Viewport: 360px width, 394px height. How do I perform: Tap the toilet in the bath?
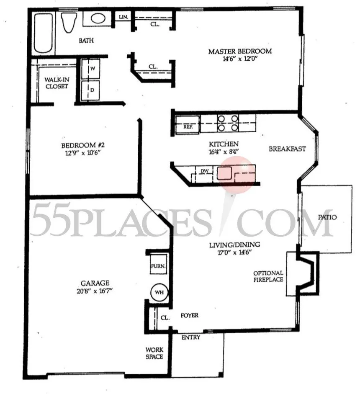[x=67, y=23]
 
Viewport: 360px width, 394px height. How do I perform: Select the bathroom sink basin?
[x=98, y=19]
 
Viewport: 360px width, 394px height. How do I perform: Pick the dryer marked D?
[x=92, y=90]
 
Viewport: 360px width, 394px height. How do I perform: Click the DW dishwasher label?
[x=204, y=171]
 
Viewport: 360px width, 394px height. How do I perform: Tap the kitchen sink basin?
[x=225, y=173]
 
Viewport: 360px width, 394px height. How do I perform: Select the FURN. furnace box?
[x=158, y=266]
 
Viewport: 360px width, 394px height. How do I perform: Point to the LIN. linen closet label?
[x=123, y=17]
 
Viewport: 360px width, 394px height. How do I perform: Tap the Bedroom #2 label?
[x=82, y=145]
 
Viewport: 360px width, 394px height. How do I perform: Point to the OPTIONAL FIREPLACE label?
[x=268, y=276]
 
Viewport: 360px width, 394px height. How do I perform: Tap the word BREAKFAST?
[x=287, y=149]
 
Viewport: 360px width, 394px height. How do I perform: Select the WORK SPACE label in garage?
[x=154, y=353]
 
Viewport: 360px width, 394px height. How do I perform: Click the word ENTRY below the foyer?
[x=190, y=337]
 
